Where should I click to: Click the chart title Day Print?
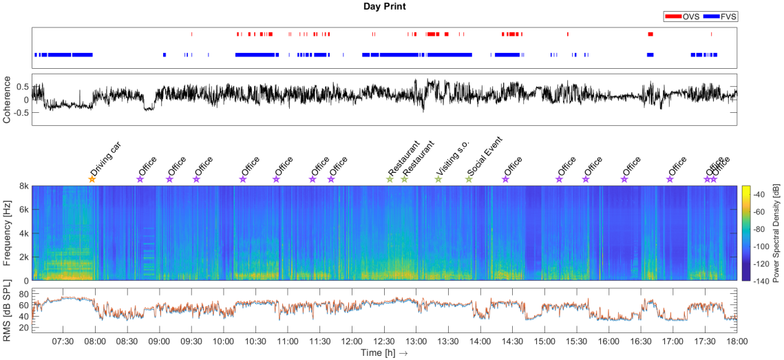385,6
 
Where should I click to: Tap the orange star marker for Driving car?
92,180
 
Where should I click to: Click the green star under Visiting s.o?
438,180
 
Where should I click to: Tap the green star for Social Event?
469,180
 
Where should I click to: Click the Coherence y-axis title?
7,100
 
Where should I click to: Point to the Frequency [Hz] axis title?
7,234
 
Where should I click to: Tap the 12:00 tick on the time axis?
352,341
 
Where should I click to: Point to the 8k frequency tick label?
22,186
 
